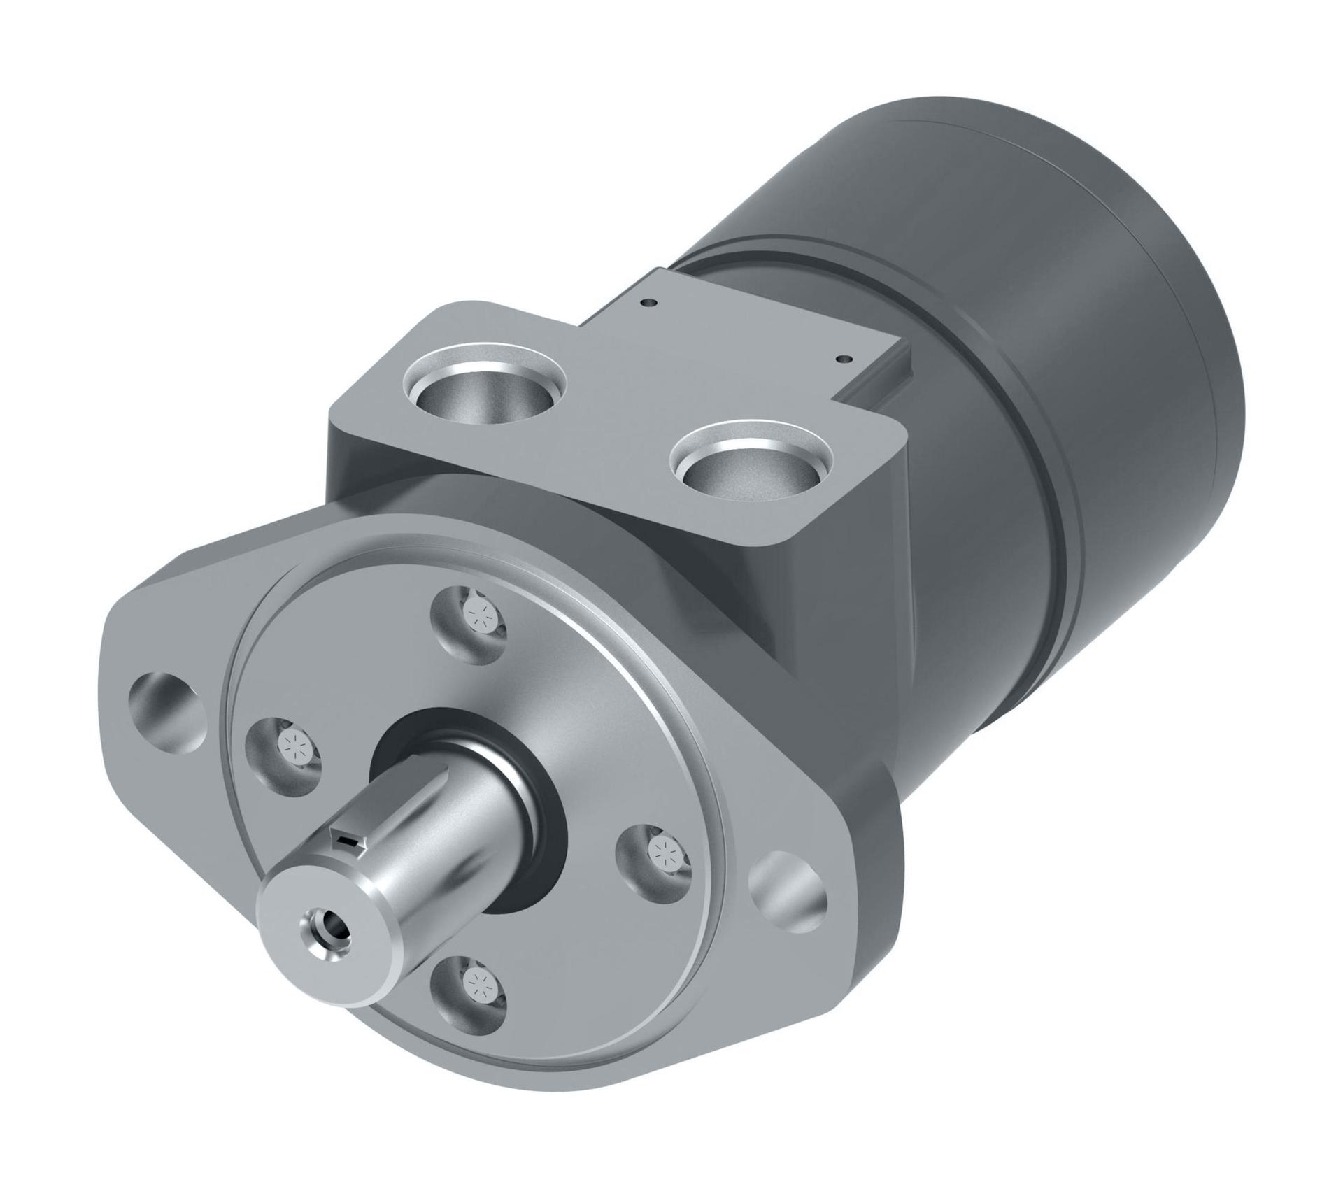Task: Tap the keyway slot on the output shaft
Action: pyautogui.click(x=348, y=840)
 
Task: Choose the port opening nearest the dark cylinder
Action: pyautogui.click(x=750, y=463)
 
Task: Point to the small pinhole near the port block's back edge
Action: pyautogui.click(x=651, y=303)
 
